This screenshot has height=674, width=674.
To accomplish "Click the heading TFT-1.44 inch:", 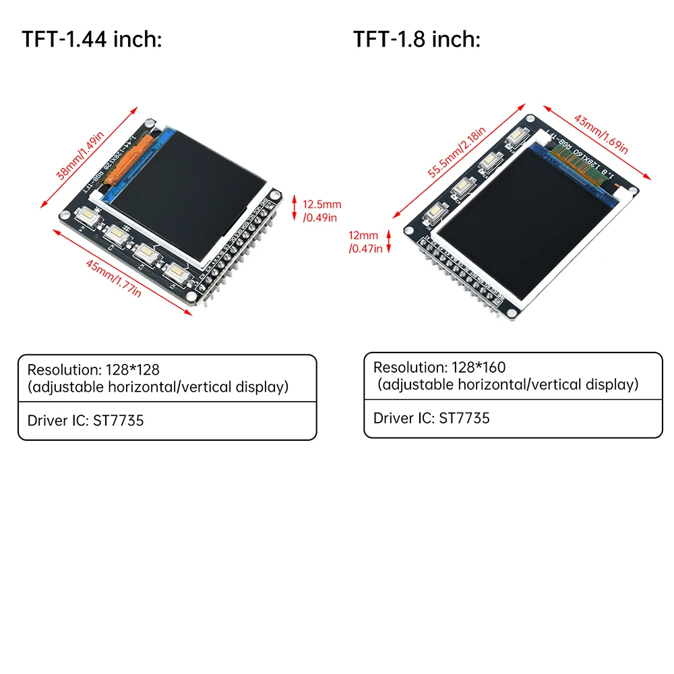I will (92, 39).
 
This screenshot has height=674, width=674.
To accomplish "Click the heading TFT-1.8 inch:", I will (417, 39).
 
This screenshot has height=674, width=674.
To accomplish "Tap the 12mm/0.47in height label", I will (365, 242).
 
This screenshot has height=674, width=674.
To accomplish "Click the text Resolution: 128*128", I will (93, 369).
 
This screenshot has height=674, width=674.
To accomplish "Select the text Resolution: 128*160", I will (439, 367).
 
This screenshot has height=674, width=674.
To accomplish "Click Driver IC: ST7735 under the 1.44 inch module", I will (86, 421).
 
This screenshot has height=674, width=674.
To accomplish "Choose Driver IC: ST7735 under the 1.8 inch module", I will (431, 418).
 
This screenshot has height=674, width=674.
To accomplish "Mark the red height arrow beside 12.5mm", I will (294, 208).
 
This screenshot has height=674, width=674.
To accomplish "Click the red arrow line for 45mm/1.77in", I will (121, 270).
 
